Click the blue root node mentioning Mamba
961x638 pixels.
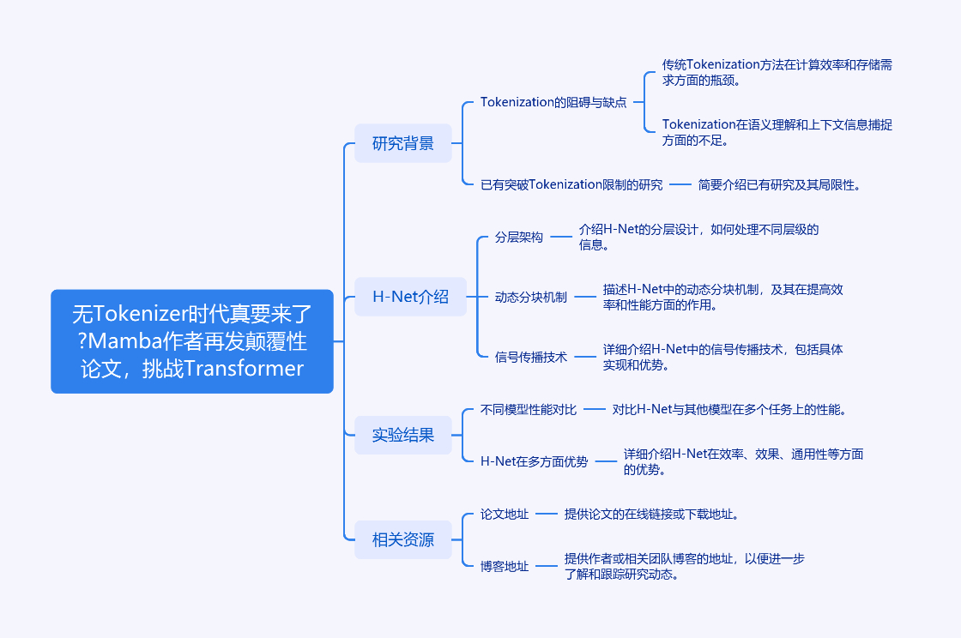coord(192,341)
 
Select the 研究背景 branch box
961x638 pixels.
coord(402,143)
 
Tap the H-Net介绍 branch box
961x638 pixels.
coord(410,297)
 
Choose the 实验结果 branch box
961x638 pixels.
coord(402,436)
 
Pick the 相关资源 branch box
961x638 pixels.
coord(402,540)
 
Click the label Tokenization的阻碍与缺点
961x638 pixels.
coord(553,102)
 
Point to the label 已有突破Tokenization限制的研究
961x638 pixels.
coord(571,185)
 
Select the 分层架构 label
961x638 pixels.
coord(519,238)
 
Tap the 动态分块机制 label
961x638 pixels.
coord(531,297)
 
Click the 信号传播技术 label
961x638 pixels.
coord(531,357)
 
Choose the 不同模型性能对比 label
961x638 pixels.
coord(529,410)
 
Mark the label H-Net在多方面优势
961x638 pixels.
coord(534,461)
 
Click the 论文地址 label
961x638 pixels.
coord(505,515)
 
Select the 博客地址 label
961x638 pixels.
coord(505,566)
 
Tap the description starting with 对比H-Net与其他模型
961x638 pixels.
coord(729,410)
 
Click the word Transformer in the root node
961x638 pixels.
coord(244,369)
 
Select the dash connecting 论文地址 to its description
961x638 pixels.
coord(547,515)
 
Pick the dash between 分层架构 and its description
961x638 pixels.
coord(561,237)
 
